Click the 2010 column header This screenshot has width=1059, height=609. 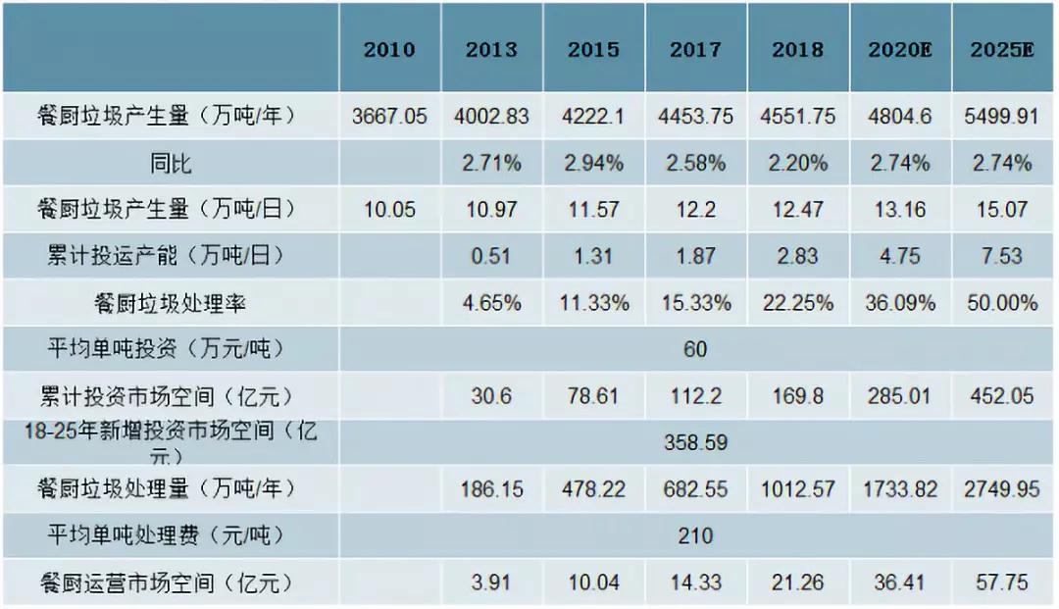[x=389, y=50]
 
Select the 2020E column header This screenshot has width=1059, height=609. [x=899, y=50]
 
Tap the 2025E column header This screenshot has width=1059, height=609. [x=1002, y=50]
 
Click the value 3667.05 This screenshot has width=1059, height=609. [x=389, y=117]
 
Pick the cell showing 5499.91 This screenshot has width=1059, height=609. [x=1002, y=117]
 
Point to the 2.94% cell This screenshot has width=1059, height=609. [x=593, y=164]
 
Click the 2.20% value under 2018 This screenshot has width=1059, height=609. [x=797, y=164]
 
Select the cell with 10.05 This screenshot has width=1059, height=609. [x=389, y=210]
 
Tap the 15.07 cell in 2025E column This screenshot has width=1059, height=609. [x=1002, y=210]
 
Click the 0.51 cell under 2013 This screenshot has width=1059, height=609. [x=491, y=257]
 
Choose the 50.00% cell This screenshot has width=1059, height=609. [x=1002, y=303]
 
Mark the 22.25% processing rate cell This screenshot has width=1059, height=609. [x=797, y=303]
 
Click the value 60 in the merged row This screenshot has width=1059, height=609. [x=695, y=350]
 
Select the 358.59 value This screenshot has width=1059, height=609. [x=695, y=443]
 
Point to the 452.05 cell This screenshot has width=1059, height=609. [x=1002, y=396]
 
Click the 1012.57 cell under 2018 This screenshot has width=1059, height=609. [x=797, y=489]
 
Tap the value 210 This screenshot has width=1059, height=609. [x=695, y=536]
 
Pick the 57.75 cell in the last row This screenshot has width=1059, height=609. [x=1002, y=583]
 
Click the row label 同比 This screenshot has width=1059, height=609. [x=171, y=164]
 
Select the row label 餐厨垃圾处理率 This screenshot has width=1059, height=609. [x=171, y=303]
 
